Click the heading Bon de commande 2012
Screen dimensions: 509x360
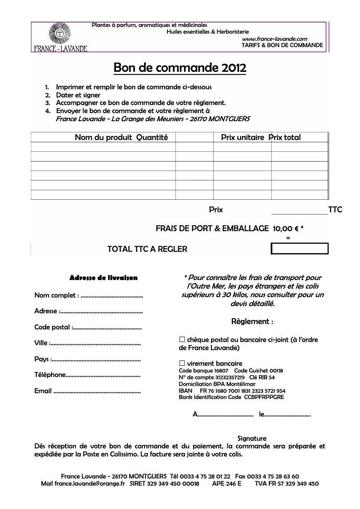(x=180, y=68)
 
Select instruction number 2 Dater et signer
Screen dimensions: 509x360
(x=78, y=95)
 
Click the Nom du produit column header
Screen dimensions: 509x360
(x=103, y=137)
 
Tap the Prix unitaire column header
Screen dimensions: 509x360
(x=242, y=137)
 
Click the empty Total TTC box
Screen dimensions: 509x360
(x=299, y=249)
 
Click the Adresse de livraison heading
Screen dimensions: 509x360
(x=103, y=278)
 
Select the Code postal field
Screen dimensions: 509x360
(x=107, y=328)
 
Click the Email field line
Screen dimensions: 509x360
(x=97, y=391)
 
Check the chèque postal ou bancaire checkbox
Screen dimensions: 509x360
(x=182, y=340)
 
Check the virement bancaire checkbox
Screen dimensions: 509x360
(x=182, y=364)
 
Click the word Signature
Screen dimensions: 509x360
(x=251, y=439)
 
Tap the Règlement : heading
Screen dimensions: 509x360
(x=252, y=322)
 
